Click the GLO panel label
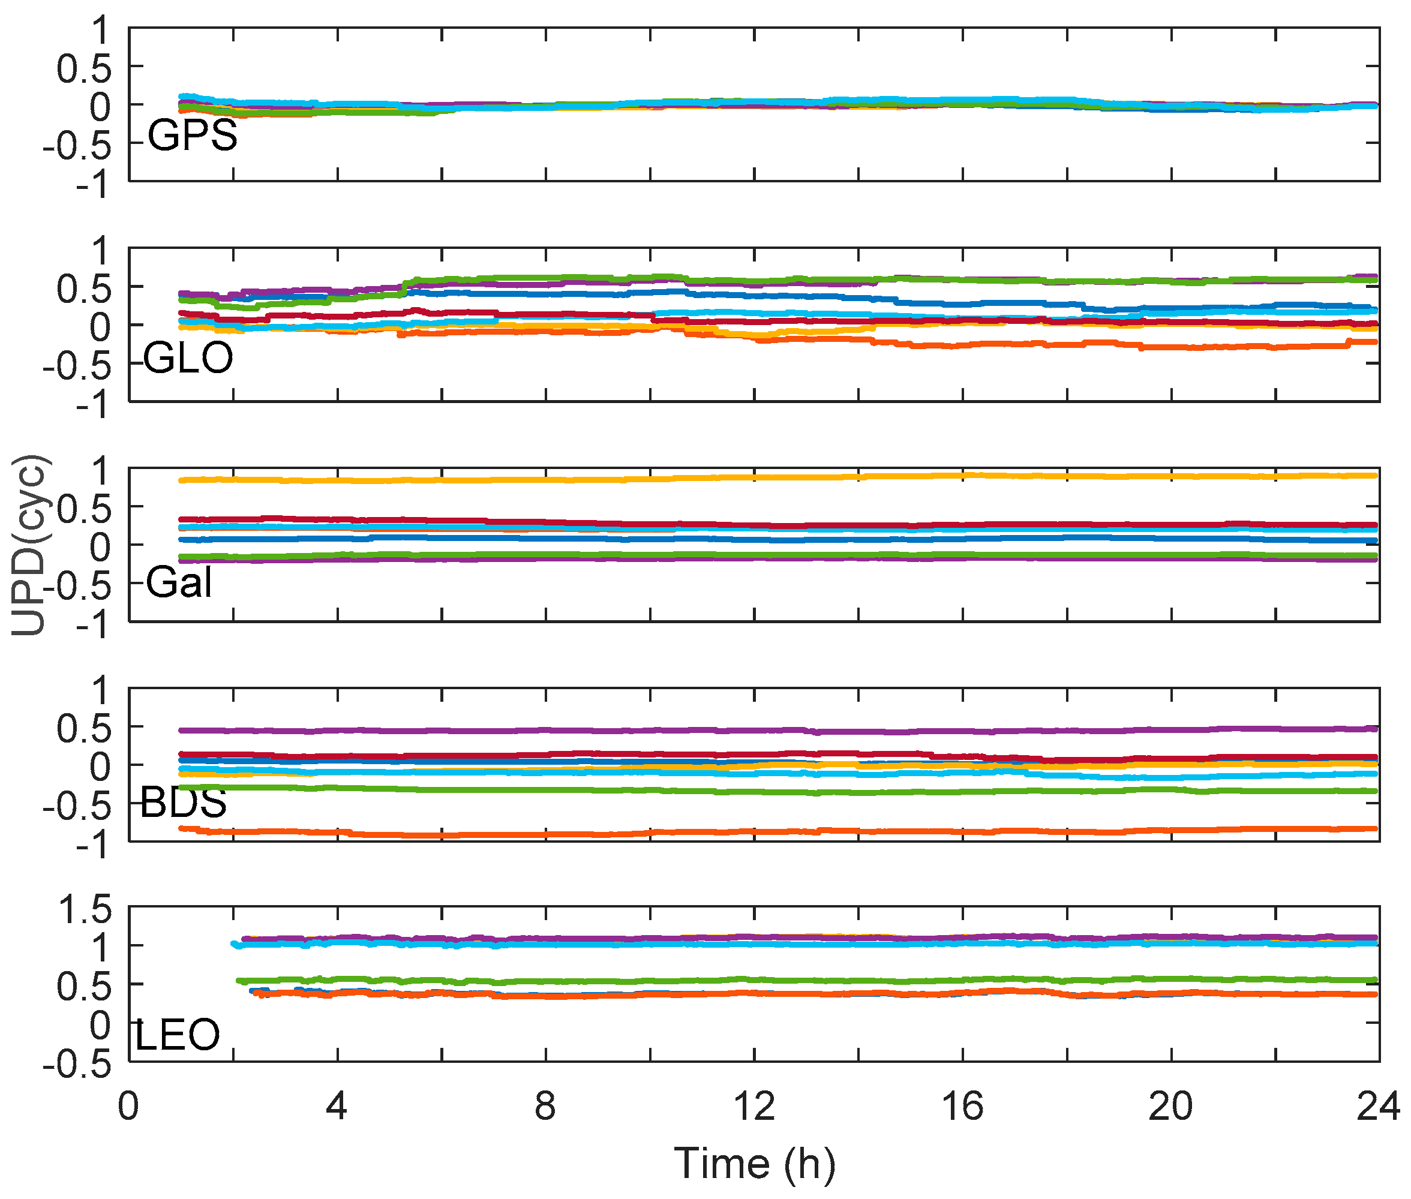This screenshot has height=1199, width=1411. click(x=188, y=357)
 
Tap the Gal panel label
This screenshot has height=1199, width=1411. click(x=179, y=582)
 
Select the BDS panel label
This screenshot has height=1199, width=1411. click(x=184, y=802)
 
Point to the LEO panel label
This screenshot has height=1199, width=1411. click(x=178, y=1035)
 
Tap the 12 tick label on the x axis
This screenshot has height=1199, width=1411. click(x=755, y=1106)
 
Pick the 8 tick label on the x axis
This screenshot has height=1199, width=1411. click(x=545, y=1106)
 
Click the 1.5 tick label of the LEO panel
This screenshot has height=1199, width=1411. click(x=85, y=909)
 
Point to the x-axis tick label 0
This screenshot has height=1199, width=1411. click(x=128, y=1106)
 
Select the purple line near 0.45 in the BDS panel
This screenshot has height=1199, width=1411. click(x=680, y=731)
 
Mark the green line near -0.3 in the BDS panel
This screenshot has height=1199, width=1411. click(x=680, y=791)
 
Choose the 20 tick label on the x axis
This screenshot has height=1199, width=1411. click(x=1170, y=1106)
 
